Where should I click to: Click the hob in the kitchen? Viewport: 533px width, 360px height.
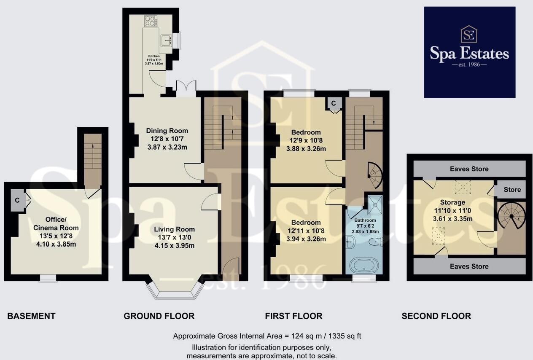pos(150,21)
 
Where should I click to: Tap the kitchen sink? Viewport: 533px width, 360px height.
pos(167,40)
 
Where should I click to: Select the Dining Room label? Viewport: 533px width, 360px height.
pos(167,131)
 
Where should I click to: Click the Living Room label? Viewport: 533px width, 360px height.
pos(174,229)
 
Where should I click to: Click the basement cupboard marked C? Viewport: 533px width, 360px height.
pos(17,200)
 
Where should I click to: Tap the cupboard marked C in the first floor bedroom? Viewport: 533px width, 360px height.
pos(334,103)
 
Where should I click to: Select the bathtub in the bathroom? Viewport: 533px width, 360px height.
pos(364,266)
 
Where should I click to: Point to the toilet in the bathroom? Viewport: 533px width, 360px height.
pos(374,242)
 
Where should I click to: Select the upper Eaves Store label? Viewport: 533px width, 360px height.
pos(469,169)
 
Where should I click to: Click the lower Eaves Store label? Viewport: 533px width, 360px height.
pos(469,266)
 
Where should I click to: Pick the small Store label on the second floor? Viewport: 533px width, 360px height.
pos(512,190)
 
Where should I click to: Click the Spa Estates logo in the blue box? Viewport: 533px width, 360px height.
pos(469,52)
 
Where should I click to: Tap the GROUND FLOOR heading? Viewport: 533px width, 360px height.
pos(159,316)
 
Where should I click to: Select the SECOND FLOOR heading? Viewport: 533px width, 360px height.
pos(436,316)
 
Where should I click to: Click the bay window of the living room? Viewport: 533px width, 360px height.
pos(175,291)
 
